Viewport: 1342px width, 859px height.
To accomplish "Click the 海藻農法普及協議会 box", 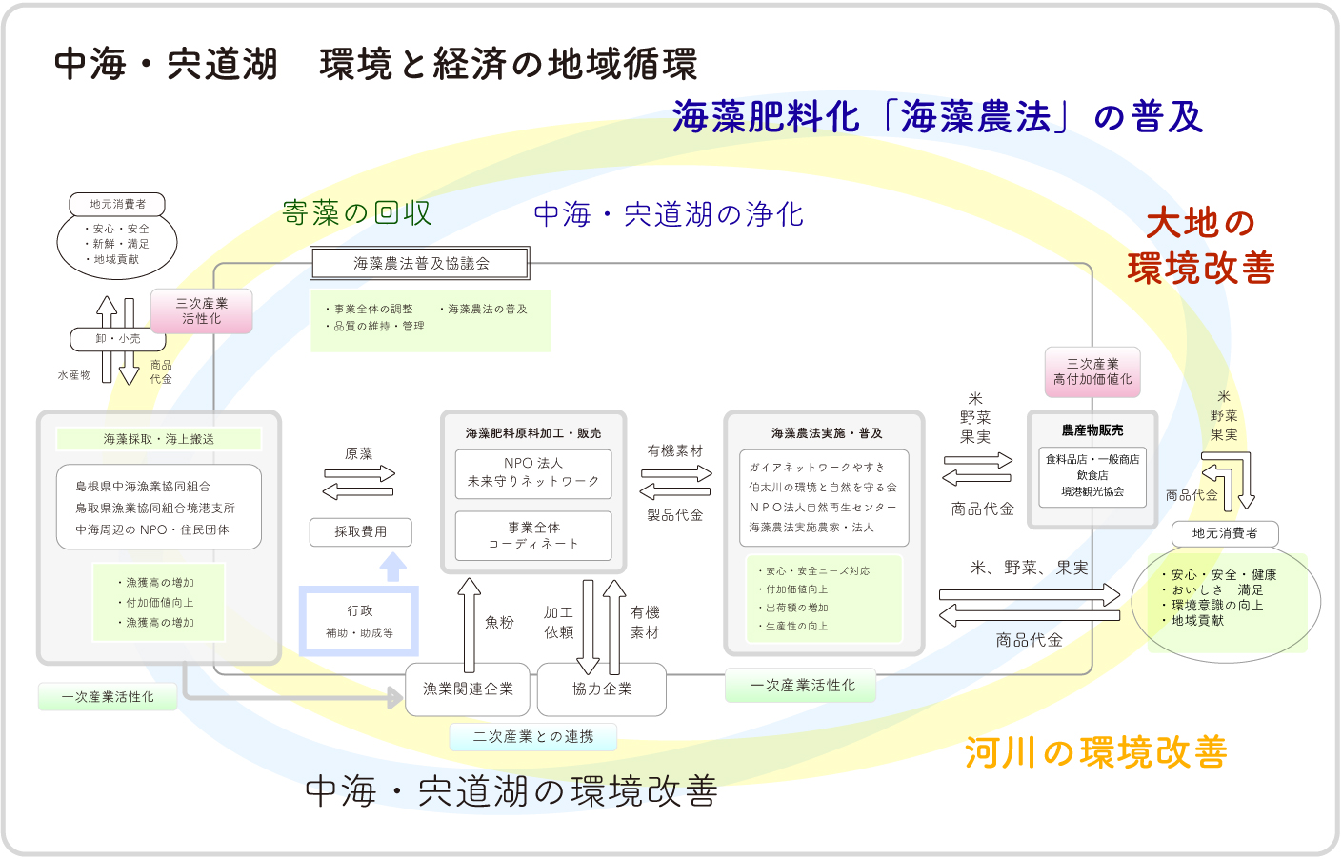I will tap(420, 263).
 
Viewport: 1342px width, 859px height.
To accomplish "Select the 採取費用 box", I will tap(360, 531).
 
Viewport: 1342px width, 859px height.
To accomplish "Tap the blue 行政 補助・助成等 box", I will tap(359, 621).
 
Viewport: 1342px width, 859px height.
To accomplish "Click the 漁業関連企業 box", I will tap(468, 689).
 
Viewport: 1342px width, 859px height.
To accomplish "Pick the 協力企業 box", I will tap(602, 689).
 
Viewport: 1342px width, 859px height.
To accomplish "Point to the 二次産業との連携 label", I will tap(532, 736).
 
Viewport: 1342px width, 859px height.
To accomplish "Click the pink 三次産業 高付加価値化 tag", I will tap(1092, 371).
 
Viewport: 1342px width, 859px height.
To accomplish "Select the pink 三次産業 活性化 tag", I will tap(201, 310).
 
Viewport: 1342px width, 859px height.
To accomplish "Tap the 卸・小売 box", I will tap(117, 338).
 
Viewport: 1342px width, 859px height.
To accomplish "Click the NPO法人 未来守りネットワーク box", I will tap(533, 472).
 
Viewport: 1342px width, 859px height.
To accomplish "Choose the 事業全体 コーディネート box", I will tap(533, 535).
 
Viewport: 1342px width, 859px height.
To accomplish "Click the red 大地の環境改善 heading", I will tap(1201, 246).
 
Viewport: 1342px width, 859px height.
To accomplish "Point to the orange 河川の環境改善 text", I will tap(1096, 752).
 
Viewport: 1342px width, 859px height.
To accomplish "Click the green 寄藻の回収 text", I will tap(357, 212).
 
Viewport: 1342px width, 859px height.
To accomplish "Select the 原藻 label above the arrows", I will tap(359, 453).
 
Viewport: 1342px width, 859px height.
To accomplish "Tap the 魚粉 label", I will tap(499, 622).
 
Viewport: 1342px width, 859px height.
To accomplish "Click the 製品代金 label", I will tap(675, 515).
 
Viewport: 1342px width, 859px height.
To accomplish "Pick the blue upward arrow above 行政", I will tap(392, 568).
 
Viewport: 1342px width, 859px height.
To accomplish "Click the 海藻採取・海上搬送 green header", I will tap(159, 439).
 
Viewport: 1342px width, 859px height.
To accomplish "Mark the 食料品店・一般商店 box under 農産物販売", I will tap(1092, 475).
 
